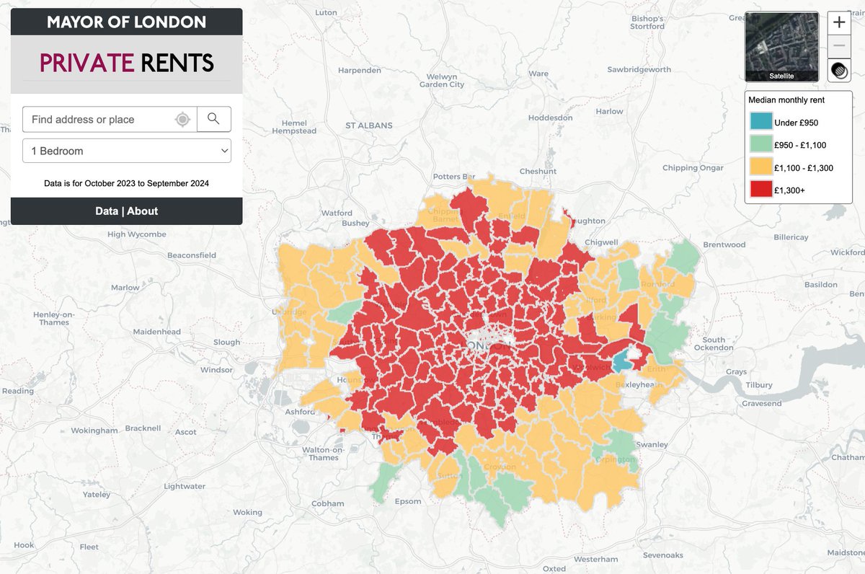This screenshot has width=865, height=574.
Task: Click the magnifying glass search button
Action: (x=213, y=119)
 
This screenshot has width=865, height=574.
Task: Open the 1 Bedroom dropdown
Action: (x=127, y=151)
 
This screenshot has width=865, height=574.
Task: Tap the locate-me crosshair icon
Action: (x=183, y=120)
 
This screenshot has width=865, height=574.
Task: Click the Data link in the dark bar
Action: (x=107, y=211)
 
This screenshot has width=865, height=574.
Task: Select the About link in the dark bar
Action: (x=143, y=211)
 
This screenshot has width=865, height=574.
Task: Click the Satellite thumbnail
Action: (x=782, y=46)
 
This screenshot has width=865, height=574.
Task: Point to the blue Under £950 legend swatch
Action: (x=760, y=122)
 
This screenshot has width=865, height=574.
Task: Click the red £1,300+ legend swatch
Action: (x=760, y=190)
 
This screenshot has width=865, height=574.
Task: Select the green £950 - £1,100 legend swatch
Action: (x=760, y=144)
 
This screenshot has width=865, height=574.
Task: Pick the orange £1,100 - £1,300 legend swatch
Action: (x=760, y=167)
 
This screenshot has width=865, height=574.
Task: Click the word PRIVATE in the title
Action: (x=86, y=63)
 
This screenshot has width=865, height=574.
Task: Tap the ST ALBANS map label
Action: (x=368, y=125)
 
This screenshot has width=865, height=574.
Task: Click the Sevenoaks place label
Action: (x=663, y=555)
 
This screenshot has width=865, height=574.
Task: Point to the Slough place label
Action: (x=227, y=343)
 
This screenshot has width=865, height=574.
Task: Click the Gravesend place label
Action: (x=762, y=403)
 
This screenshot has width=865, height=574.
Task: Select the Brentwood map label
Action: (x=724, y=244)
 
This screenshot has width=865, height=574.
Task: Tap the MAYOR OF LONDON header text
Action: (x=126, y=22)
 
